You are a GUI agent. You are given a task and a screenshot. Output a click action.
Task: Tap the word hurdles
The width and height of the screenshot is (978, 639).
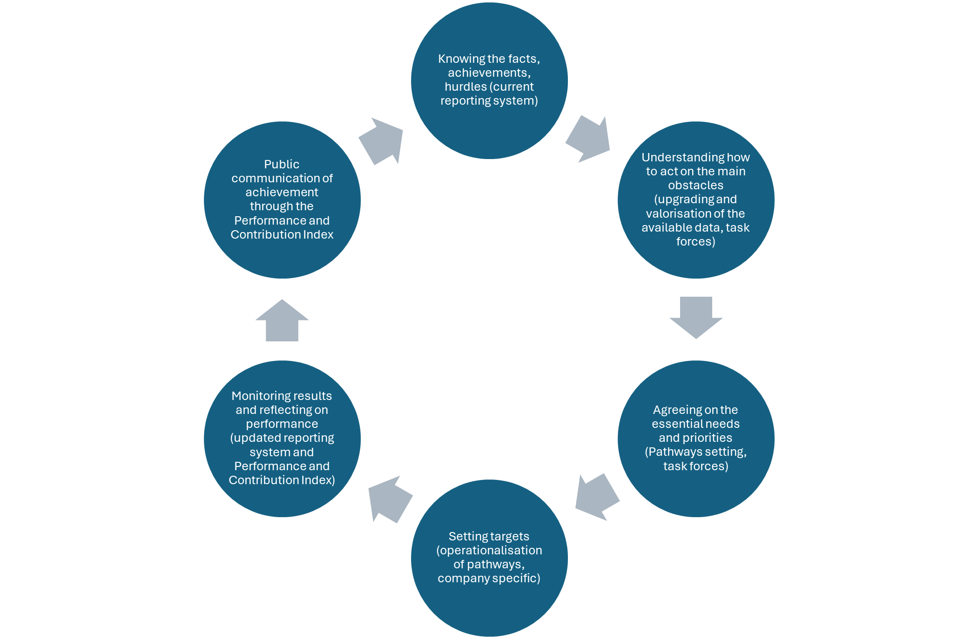(x=465, y=87)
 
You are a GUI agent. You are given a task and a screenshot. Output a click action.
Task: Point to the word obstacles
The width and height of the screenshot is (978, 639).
(x=695, y=186)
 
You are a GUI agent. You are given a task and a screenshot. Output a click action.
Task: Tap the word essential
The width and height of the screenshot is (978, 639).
(x=675, y=424)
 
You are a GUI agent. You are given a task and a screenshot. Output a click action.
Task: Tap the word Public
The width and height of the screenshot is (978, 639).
(x=282, y=165)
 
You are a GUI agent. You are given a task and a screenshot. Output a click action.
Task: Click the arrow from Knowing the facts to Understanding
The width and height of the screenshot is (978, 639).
(x=589, y=139)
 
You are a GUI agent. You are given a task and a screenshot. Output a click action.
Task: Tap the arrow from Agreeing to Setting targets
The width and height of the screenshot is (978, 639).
(x=596, y=497)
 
